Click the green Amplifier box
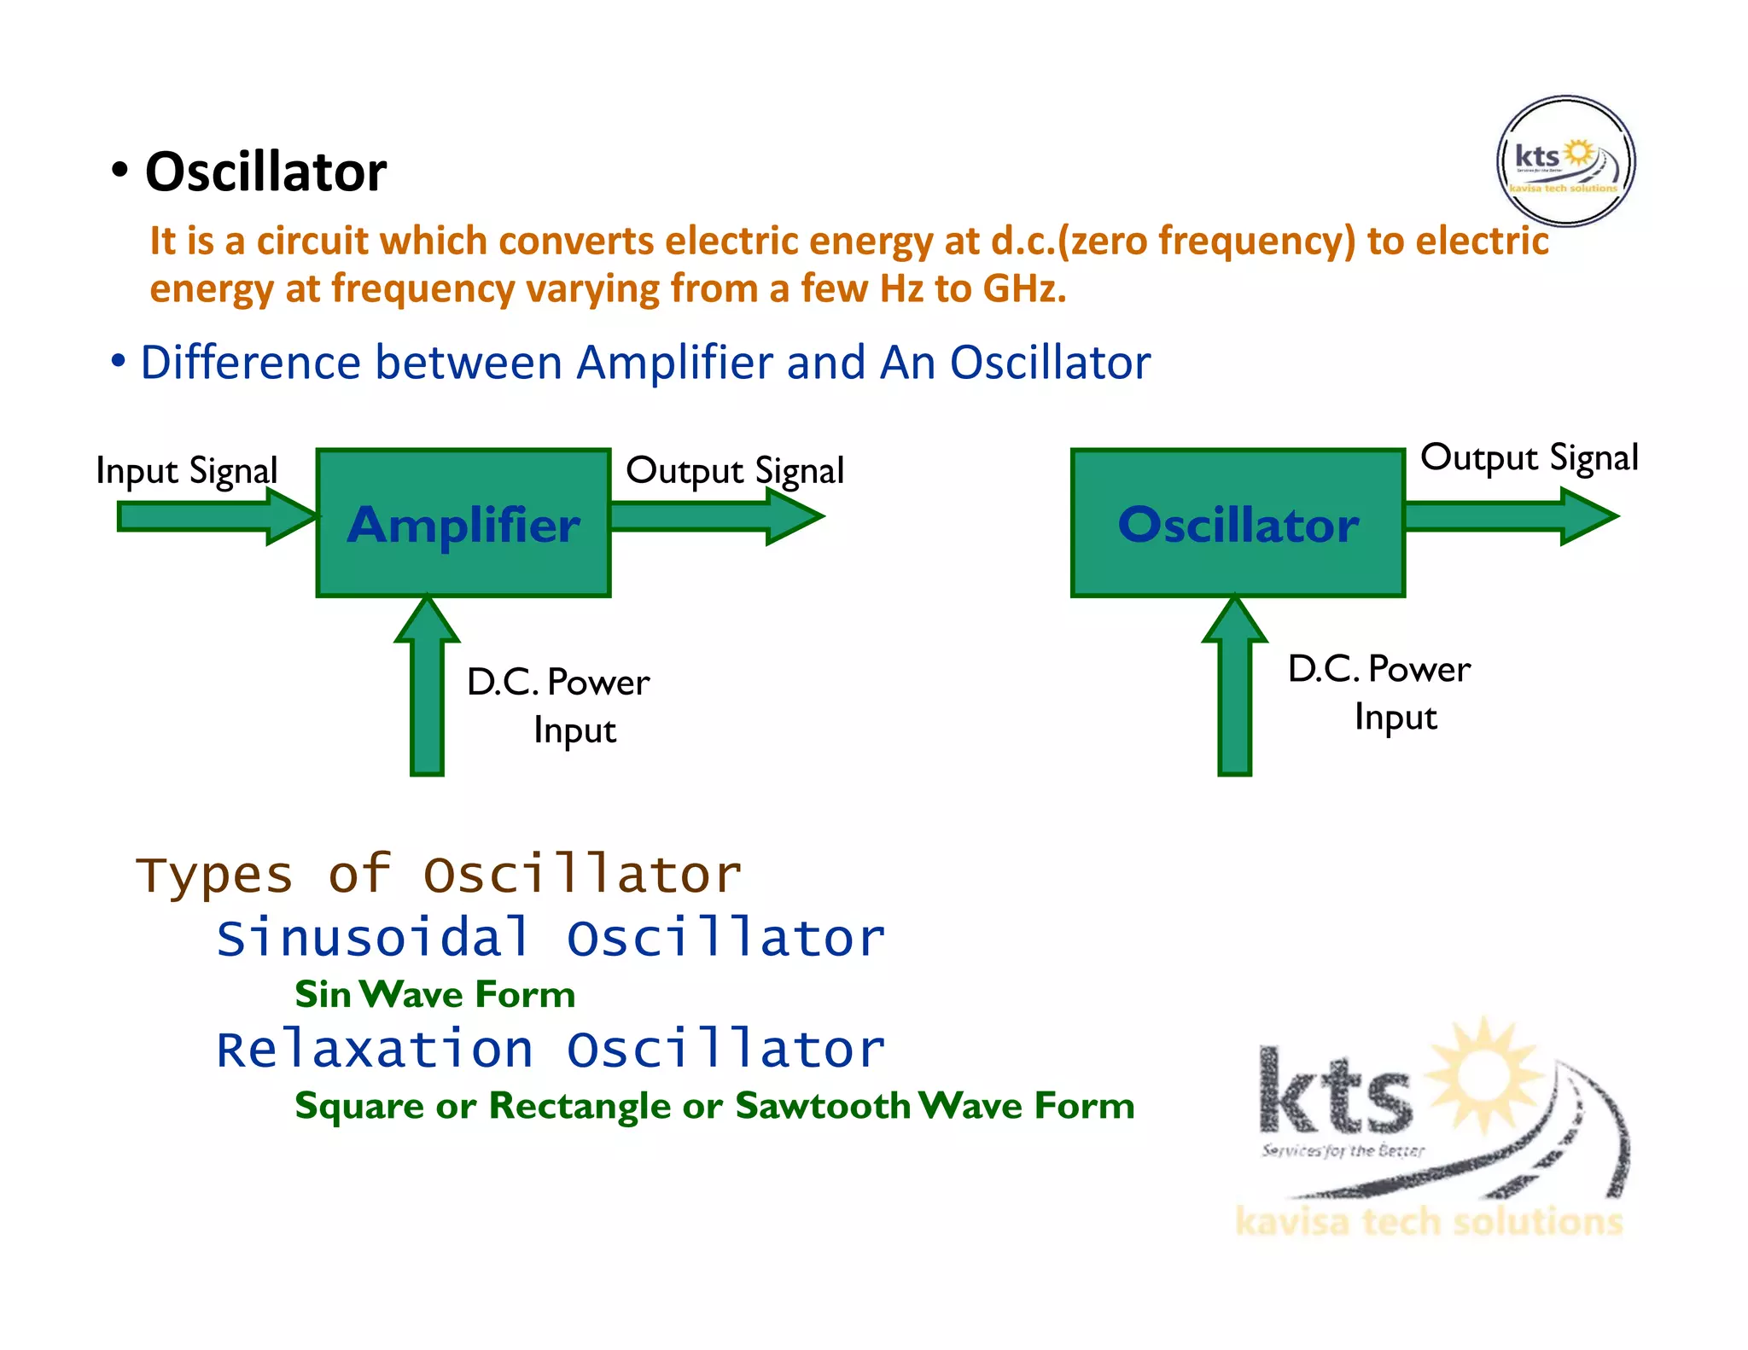point(463,522)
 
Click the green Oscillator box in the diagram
point(1238,522)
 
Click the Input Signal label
point(187,470)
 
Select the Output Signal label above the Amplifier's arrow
point(735,470)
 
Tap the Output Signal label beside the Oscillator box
point(1529,457)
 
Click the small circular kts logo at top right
point(1565,162)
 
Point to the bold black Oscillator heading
point(265,172)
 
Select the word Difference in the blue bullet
point(250,363)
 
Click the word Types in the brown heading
point(214,876)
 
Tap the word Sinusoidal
point(373,938)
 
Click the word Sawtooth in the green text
point(823,1106)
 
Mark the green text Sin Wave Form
point(435,995)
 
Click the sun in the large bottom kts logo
point(1485,1071)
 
